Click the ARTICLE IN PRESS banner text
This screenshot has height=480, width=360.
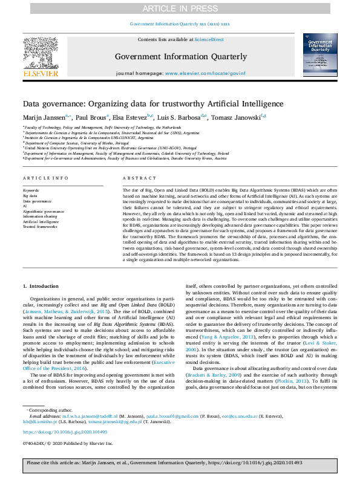pyautogui.click(x=180, y=8)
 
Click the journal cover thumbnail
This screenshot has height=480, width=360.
pyautogui.click(x=320, y=55)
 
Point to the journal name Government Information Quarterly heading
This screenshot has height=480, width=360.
pyautogui.click(x=181, y=57)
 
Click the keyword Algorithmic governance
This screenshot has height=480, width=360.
pyautogui.click(x=43, y=212)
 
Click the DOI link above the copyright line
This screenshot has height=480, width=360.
pyautogui.click(x=61, y=432)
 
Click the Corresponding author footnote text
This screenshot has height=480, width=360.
pyautogui.click(x=49, y=410)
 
